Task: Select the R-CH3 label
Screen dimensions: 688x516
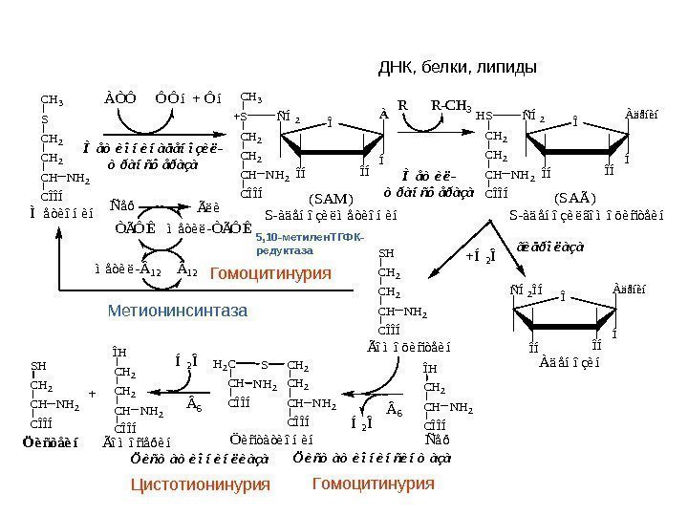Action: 451,103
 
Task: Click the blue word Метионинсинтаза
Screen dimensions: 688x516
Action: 177,311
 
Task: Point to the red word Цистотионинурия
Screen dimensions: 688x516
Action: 201,485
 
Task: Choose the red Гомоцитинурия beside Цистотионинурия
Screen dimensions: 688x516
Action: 374,484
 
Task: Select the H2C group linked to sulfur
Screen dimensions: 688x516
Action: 223,365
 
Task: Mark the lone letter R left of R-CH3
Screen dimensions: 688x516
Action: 402,103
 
